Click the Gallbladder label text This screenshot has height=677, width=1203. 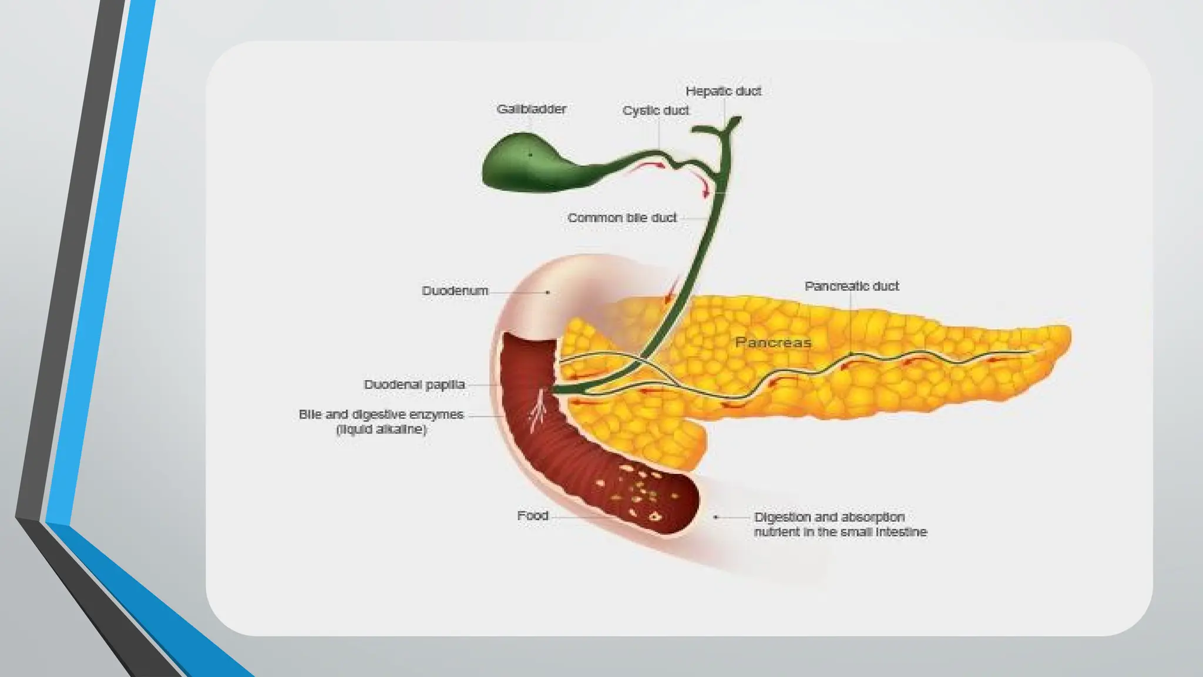[531, 109]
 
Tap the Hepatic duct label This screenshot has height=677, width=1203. [723, 91]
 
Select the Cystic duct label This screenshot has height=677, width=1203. [655, 110]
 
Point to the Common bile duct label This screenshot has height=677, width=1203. [621, 218]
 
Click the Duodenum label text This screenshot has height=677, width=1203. [455, 291]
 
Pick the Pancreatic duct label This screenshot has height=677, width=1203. [851, 286]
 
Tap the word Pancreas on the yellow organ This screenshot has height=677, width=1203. [773, 343]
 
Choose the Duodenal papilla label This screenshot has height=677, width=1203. [414, 385]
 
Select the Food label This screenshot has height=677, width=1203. [532, 516]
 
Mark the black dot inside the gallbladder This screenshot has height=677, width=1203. [530, 155]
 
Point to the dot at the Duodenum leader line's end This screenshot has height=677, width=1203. [548, 292]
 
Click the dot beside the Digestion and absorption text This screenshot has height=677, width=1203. [715, 517]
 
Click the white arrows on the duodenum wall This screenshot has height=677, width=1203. [538, 411]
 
